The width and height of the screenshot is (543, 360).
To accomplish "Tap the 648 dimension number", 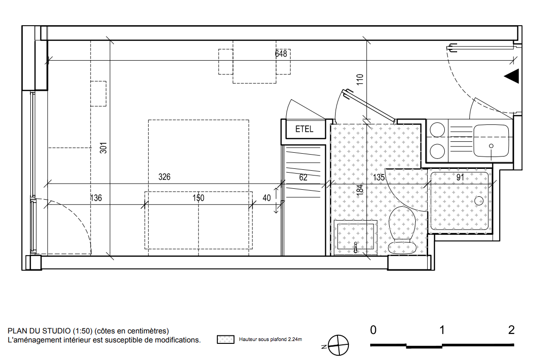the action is click(281, 54).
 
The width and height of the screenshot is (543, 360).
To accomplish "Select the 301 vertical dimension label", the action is click(103, 148).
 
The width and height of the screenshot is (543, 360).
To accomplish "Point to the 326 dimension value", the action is click(165, 177).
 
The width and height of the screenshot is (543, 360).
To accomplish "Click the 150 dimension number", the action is click(198, 198).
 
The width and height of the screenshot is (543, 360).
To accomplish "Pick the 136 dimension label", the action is click(96, 198).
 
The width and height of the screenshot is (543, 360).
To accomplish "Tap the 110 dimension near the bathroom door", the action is click(360, 79).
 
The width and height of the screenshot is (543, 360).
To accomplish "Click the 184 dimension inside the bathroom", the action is click(360, 190).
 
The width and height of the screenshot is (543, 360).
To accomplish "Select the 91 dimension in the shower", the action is click(460, 177).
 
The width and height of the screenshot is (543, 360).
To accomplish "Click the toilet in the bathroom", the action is click(402, 230).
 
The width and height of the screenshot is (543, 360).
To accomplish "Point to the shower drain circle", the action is click(479, 201).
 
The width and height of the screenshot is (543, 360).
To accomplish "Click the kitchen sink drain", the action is click(491, 146).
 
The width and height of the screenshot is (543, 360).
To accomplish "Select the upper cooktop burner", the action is click(437, 130).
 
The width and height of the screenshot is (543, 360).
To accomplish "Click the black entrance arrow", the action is click(512, 76).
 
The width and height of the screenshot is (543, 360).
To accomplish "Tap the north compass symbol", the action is click(338, 345).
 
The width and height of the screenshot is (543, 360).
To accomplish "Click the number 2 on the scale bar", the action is click(511, 330).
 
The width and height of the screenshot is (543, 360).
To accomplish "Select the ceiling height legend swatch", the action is click(225, 340).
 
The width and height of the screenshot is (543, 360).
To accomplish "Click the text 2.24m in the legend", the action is click(295, 340).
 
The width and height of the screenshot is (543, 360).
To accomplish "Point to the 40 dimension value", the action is click(267, 198).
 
